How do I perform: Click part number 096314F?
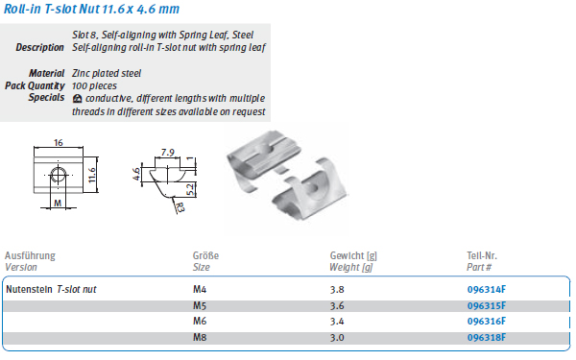[487, 290]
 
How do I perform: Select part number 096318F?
[487, 337]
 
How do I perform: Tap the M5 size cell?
[200, 305]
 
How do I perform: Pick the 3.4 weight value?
[337, 322]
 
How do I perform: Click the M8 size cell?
[200, 337]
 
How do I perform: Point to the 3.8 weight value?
[337, 290]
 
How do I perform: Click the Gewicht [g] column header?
[353, 255]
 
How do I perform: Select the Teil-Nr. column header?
[482, 255]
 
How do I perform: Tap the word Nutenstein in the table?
[29, 290]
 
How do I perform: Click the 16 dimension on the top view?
[58, 142]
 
